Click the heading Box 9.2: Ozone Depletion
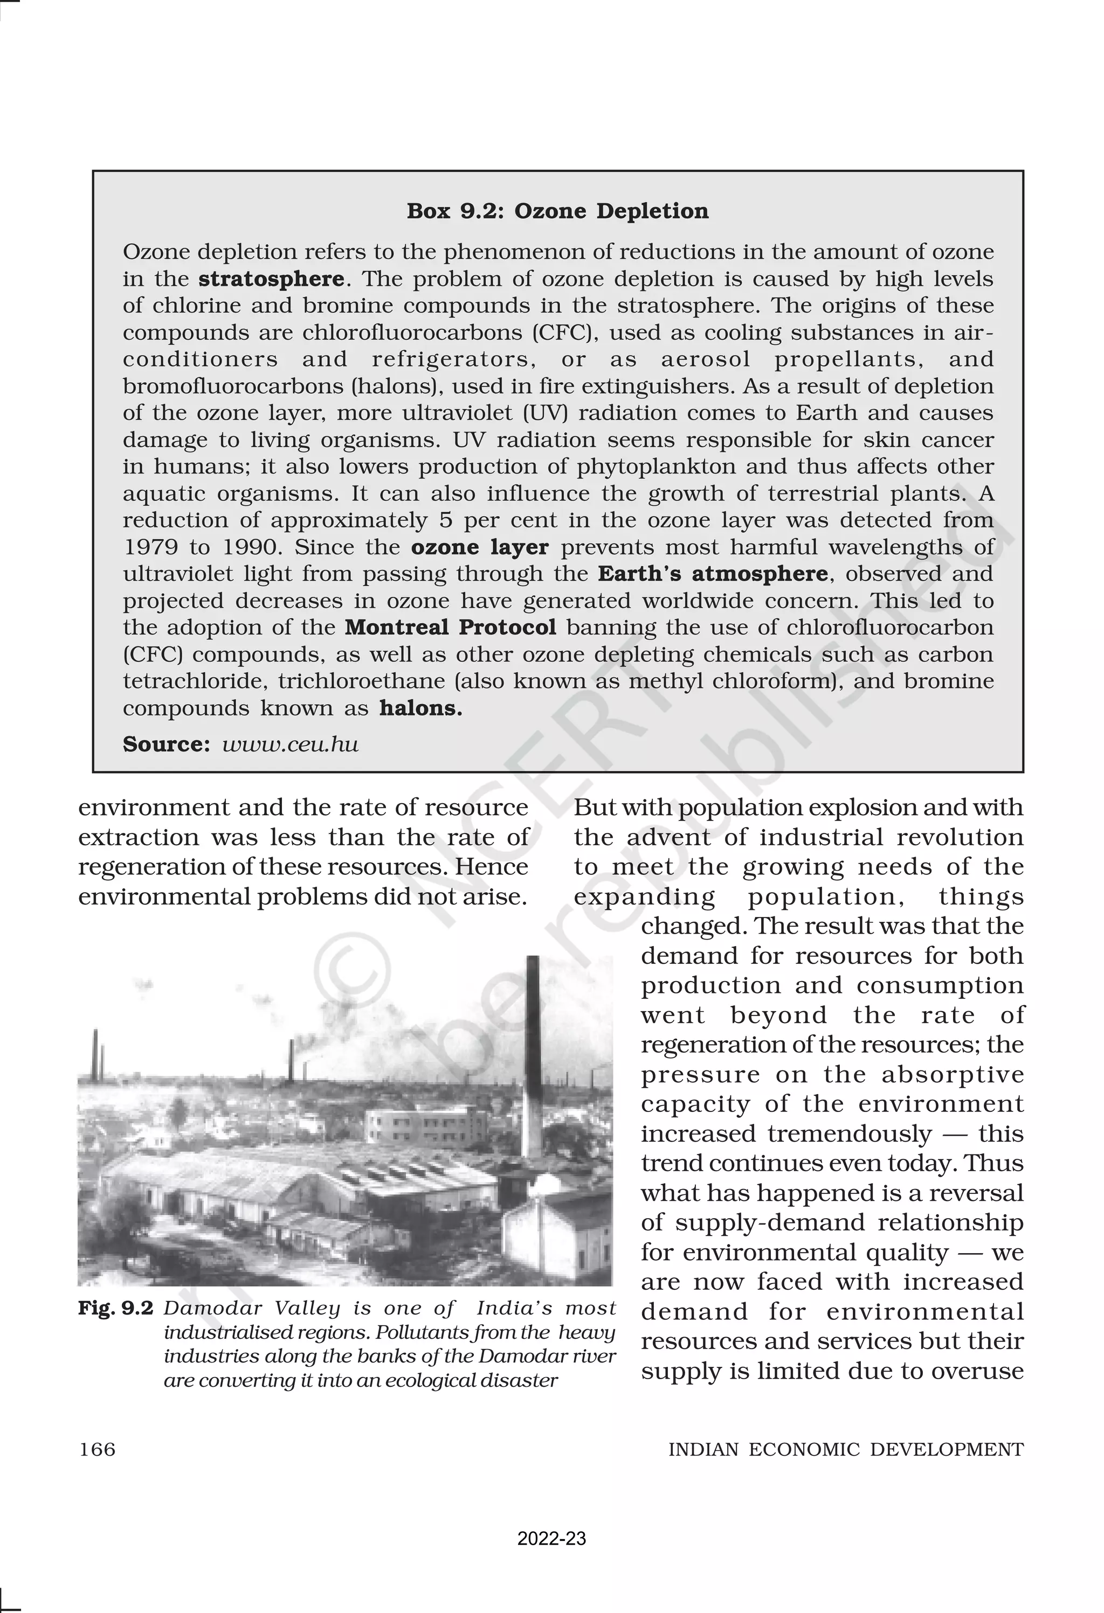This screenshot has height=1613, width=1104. [x=557, y=211]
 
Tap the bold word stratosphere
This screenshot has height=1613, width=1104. [x=271, y=279]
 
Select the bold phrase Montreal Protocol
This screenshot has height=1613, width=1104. [x=451, y=628]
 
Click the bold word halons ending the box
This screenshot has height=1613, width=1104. [x=420, y=708]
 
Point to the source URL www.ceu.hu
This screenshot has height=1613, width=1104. [x=290, y=745]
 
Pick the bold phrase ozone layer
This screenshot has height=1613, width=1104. [x=480, y=547]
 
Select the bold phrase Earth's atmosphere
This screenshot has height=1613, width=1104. [x=713, y=574]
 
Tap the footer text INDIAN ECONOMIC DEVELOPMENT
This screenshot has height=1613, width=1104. [x=846, y=1450]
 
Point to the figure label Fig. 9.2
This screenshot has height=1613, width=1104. [x=115, y=1308]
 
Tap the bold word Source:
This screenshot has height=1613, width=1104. [x=166, y=745]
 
